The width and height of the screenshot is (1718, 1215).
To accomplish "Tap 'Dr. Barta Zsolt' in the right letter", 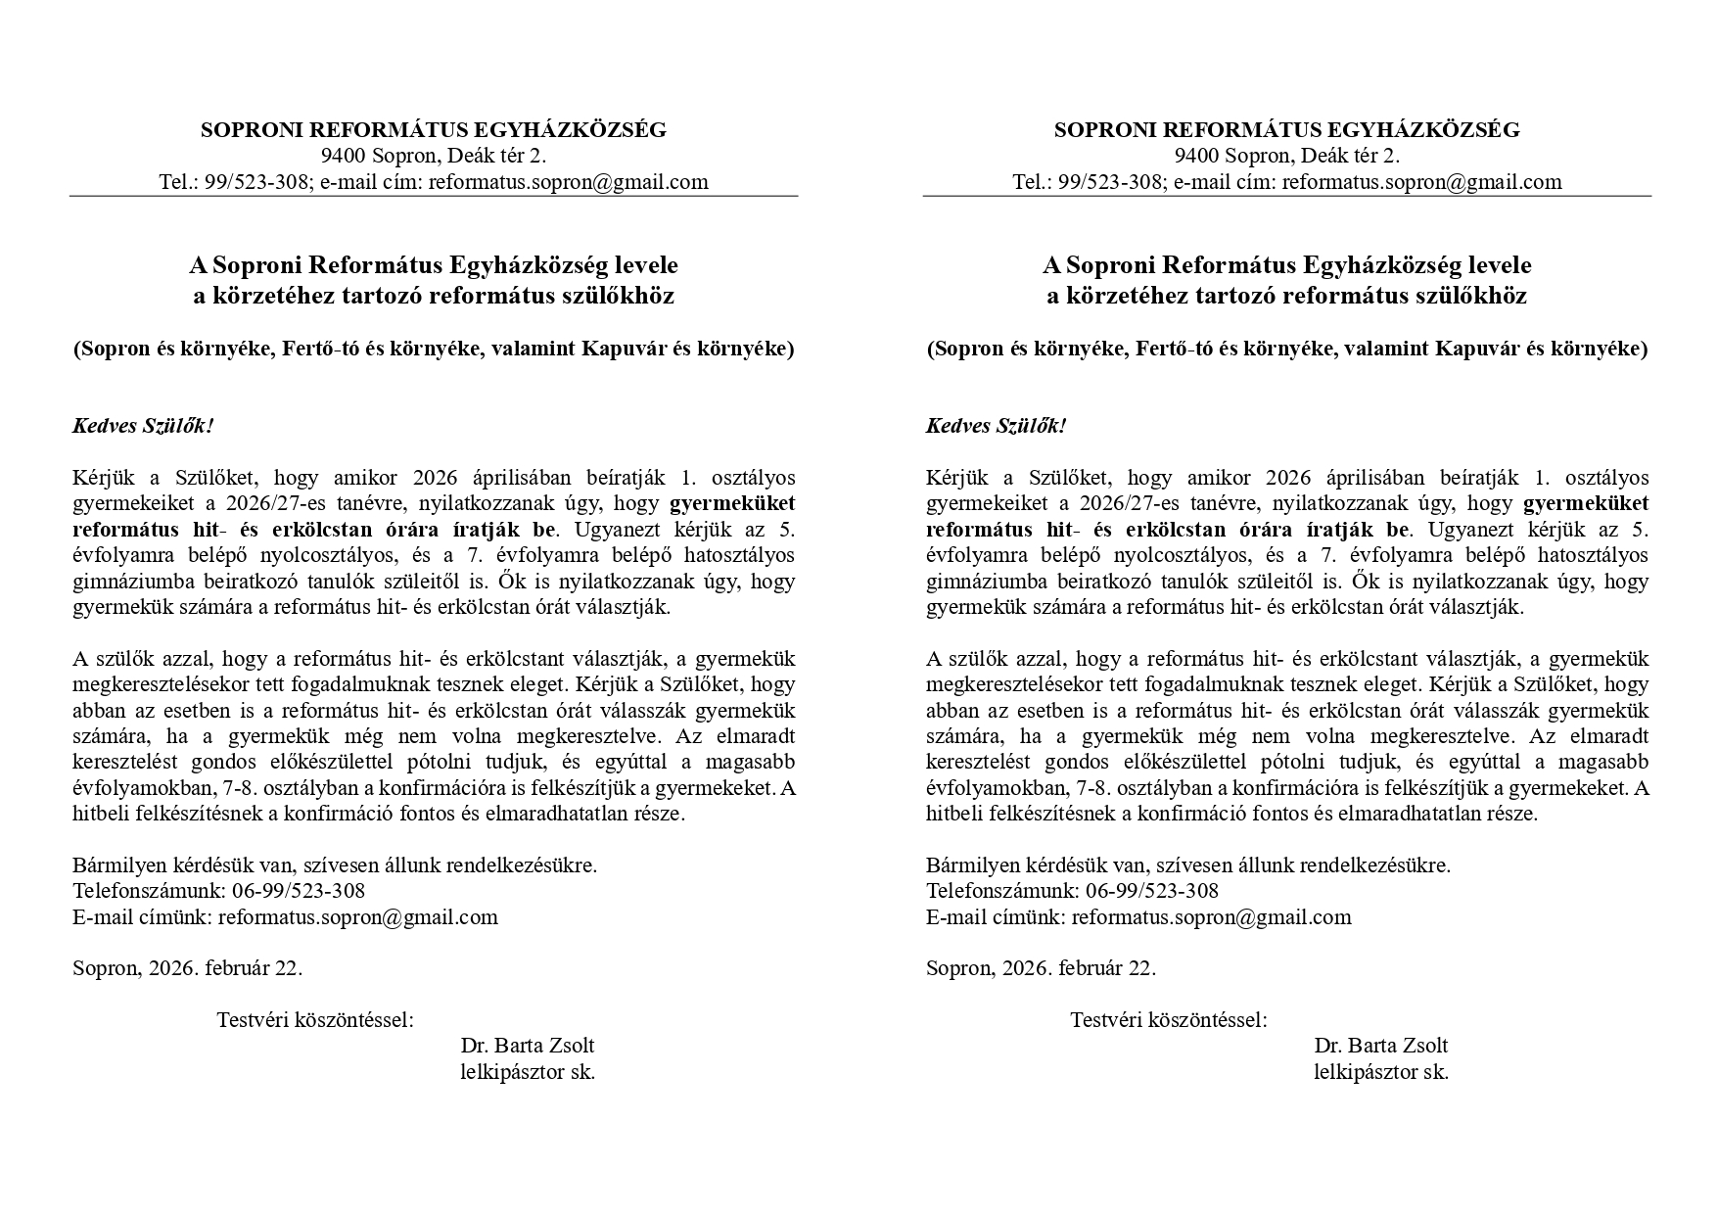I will click(x=1380, y=1046).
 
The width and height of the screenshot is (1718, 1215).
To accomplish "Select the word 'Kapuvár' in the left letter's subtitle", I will click(x=623, y=349).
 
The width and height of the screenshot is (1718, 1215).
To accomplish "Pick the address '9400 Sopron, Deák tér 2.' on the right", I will click(x=1286, y=156).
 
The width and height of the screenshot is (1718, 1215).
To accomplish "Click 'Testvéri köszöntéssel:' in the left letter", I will click(x=315, y=1020).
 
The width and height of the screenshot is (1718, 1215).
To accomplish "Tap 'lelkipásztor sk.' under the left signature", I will click(x=528, y=1072).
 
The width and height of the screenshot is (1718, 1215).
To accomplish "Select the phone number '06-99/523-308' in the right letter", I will click(x=1152, y=891).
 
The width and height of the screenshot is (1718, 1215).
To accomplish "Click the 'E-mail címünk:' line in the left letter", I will click(x=142, y=917).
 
